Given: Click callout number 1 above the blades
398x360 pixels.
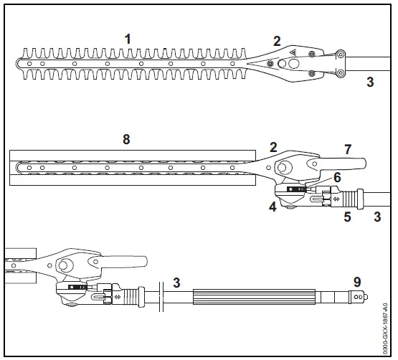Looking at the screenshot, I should [128, 39].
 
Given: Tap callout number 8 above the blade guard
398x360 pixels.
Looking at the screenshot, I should [126, 139].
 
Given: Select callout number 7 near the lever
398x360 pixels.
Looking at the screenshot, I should [347, 149].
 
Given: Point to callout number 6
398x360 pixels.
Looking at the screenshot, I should [336, 176].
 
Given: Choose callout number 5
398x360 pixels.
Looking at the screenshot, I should [347, 215].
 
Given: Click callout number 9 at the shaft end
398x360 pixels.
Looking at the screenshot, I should [357, 282].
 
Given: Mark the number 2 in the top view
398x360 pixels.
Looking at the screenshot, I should [277, 41].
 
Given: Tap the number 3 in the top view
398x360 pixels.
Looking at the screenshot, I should [370, 82].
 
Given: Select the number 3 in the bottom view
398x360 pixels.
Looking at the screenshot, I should [175, 283].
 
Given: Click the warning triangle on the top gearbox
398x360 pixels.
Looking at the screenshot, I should [293, 52].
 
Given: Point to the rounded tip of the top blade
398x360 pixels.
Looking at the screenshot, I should [19, 62].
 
